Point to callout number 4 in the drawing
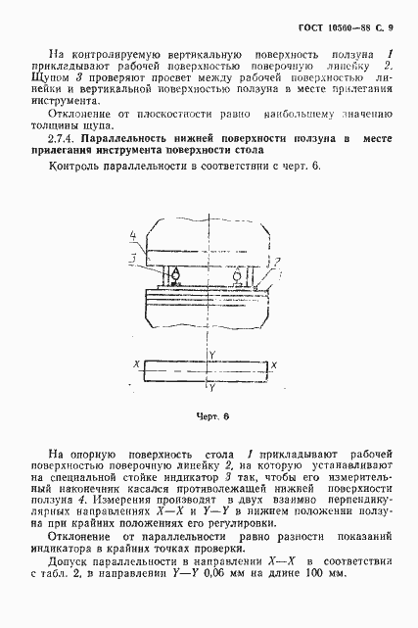pos(131,235)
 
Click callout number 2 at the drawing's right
pos(277,262)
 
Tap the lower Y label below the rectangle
pos(211,388)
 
